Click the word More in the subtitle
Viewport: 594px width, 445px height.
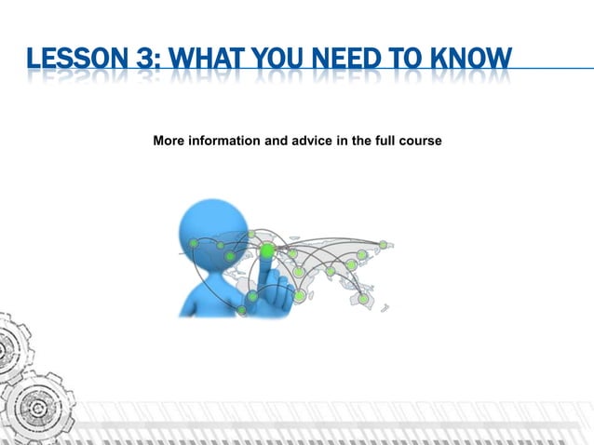click(169, 141)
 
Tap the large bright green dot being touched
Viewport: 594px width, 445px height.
click(267, 250)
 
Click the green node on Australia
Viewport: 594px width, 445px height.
click(363, 299)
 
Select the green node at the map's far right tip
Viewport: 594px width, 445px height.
click(383, 245)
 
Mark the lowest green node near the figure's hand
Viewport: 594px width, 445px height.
click(242, 311)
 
